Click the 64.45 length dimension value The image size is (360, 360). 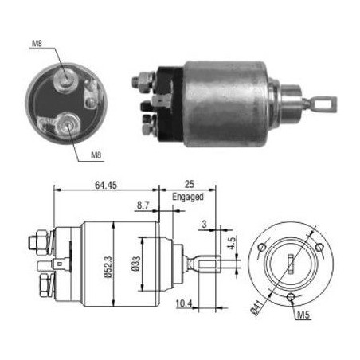click(x=106, y=185)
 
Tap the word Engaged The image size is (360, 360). click(x=188, y=197)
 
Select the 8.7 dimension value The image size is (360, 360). click(x=143, y=205)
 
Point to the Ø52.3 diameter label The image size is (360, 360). click(x=108, y=267)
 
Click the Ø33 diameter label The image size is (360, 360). click(x=135, y=264)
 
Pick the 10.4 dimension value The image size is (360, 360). click(x=184, y=303)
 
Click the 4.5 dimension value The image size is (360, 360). click(x=231, y=243)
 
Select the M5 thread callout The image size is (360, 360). click(x=303, y=315)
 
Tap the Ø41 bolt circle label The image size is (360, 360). click(x=257, y=307)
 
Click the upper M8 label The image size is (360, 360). click(x=37, y=43)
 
